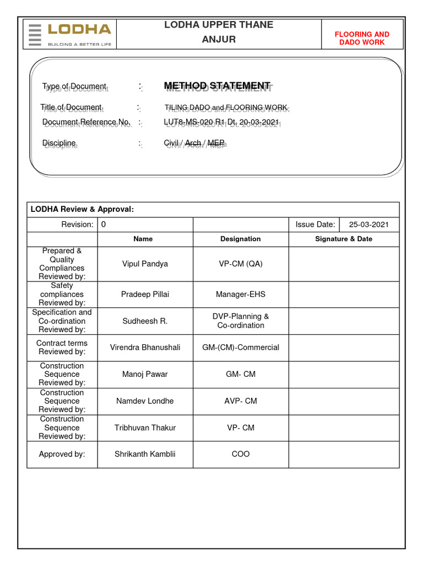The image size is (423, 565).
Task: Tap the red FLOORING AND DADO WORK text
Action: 362,38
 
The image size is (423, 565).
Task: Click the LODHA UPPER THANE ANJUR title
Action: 218,32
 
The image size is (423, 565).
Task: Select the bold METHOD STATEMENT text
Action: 217,86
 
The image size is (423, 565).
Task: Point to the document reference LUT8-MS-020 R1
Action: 221,122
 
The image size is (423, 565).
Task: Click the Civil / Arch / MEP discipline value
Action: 194,143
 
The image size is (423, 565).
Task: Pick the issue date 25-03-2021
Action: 369,225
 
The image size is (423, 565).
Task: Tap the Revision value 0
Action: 104,225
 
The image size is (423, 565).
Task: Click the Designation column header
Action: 240,239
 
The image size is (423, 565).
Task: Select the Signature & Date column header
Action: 343,239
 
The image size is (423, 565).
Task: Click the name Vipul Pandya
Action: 145,264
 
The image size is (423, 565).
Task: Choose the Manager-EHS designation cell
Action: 240,294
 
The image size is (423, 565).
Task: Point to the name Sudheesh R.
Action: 145,321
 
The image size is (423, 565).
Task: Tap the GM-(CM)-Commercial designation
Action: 240,347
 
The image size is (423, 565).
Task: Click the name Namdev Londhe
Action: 145,401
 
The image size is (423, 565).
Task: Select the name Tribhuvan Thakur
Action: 145,428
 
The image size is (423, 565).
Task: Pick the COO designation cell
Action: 240,454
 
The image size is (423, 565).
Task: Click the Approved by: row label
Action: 62,454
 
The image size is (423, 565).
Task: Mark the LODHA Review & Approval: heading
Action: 82,209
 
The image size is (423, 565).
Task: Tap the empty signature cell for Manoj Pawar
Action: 343,374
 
